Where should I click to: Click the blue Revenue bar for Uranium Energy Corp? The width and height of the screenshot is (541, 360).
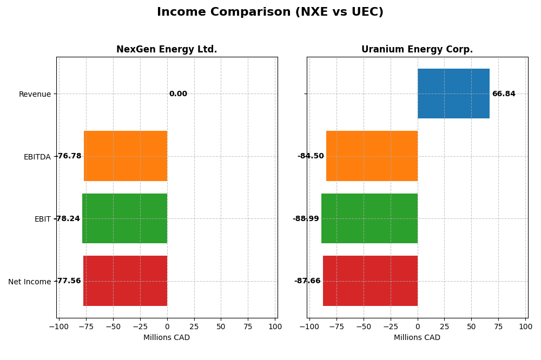click(x=453, y=94)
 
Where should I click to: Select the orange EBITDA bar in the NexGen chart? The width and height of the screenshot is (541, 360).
click(x=126, y=156)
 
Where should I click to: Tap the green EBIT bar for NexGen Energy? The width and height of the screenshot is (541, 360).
click(x=124, y=218)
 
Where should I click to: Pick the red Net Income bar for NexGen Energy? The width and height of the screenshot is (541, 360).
click(x=125, y=281)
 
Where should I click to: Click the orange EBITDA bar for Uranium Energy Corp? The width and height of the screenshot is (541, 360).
click(x=372, y=156)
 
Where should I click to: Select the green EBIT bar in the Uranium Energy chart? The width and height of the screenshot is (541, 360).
click(x=370, y=218)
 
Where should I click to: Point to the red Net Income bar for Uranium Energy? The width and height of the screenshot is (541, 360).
click(x=370, y=281)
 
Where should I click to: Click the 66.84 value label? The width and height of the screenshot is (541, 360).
click(x=504, y=94)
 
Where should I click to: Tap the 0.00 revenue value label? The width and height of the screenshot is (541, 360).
click(x=178, y=94)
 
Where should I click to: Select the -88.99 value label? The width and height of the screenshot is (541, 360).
click(x=306, y=219)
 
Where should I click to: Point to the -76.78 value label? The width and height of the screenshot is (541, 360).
click(x=69, y=156)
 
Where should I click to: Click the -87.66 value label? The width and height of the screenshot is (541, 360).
click(x=307, y=281)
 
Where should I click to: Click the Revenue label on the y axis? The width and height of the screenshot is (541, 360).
click(x=35, y=95)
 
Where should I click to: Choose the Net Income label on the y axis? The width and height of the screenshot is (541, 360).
click(x=29, y=282)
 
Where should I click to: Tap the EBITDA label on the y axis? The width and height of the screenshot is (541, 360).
click(x=37, y=157)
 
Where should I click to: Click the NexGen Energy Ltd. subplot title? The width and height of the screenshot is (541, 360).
click(x=167, y=50)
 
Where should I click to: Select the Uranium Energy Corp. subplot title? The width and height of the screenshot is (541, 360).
click(x=417, y=50)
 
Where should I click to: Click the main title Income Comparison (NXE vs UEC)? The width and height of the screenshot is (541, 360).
click(x=270, y=12)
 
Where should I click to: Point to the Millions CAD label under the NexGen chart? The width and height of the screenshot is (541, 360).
click(x=167, y=338)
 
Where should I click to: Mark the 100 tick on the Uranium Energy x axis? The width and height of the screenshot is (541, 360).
click(x=525, y=326)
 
